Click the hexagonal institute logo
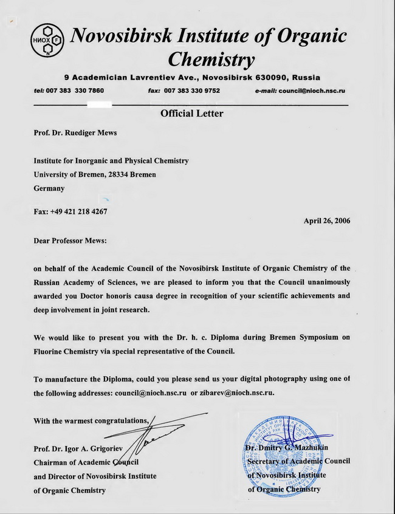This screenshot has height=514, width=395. click(47, 41)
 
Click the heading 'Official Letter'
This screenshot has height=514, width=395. click(191, 114)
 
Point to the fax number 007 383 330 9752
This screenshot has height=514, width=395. click(191, 91)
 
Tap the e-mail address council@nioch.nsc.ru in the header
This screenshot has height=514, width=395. click(312, 91)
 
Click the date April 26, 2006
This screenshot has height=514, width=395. click(326, 221)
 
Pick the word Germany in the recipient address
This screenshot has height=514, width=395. click(49, 188)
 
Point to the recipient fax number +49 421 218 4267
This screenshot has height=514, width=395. click(81, 211)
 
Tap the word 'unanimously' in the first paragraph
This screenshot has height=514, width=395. click(327, 283)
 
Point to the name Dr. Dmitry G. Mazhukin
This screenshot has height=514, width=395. click(287, 448)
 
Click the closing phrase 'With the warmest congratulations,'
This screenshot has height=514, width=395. click(91, 420)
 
